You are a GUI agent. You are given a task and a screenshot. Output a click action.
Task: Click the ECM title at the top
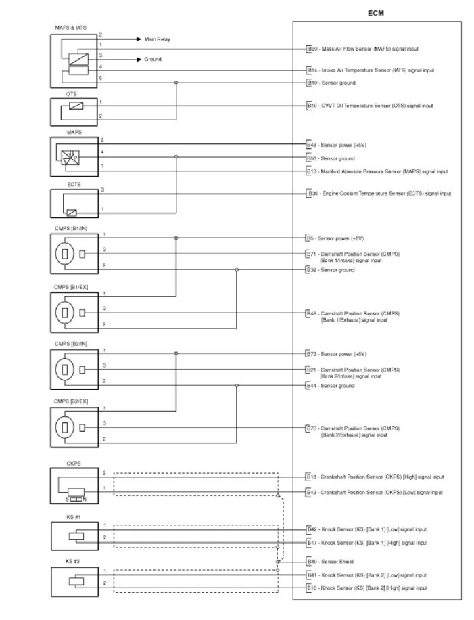(x=376, y=12)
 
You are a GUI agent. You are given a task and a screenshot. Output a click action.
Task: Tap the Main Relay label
(x=158, y=39)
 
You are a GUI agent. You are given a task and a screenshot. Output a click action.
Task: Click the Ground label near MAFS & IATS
(x=153, y=60)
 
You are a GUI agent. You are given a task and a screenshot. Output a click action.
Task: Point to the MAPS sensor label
(x=74, y=133)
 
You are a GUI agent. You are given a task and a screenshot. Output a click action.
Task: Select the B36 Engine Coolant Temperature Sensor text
(x=379, y=194)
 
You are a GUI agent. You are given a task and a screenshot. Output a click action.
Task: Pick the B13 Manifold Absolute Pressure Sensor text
(x=377, y=171)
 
